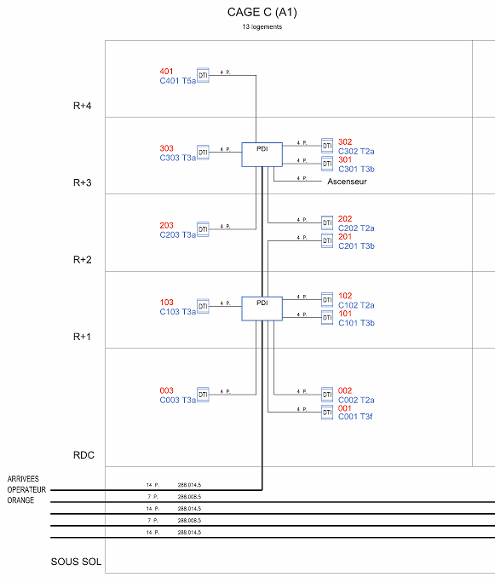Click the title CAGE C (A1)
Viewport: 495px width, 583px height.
click(x=262, y=13)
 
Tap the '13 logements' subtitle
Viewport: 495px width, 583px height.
click(x=262, y=26)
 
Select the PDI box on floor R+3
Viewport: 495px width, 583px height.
click(x=262, y=154)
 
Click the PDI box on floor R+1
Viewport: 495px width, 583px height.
click(x=262, y=309)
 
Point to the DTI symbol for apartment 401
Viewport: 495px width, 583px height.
click(x=203, y=76)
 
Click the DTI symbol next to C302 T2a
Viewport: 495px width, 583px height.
click(x=327, y=146)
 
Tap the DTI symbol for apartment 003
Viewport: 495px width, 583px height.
click(x=203, y=395)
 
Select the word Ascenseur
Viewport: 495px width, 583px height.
click(x=347, y=182)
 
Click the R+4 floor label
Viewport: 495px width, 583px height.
click(x=82, y=106)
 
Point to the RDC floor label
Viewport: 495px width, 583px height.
click(x=83, y=455)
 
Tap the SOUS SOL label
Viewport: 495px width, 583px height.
click(x=76, y=562)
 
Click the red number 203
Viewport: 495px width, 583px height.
click(x=166, y=225)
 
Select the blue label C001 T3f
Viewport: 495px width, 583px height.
click(x=355, y=417)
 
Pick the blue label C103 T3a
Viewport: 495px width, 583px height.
click(x=177, y=312)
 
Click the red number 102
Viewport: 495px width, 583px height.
click(x=345, y=296)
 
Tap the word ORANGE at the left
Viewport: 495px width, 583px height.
click(x=20, y=500)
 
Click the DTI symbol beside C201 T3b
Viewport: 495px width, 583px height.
click(x=327, y=240)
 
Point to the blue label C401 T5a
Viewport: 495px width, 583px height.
click(x=177, y=81)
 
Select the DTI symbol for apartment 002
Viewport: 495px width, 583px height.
click(x=327, y=395)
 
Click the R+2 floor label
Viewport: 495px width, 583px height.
click(x=82, y=259)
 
